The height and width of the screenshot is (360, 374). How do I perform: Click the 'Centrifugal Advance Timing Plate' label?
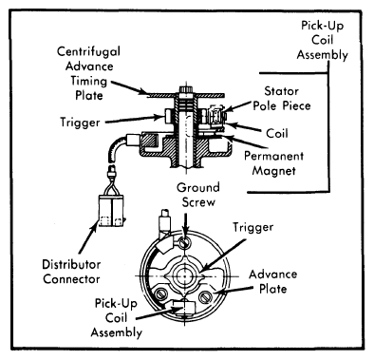(x=88, y=73)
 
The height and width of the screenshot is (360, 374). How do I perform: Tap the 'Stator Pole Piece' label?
(x=282, y=98)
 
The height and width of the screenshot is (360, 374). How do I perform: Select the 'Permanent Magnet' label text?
(x=274, y=163)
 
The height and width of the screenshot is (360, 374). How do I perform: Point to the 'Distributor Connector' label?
(x=71, y=272)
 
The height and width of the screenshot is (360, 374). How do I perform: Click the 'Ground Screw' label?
(x=198, y=195)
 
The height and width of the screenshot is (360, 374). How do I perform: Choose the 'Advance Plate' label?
(x=273, y=281)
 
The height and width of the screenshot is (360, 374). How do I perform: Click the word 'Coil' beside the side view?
(x=277, y=133)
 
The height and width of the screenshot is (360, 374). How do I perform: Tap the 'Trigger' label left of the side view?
(x=80, y=123)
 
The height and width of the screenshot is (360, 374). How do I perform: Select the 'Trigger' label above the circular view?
(x=253, y=227)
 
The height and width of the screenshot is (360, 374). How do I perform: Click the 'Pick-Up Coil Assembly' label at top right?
(x=322, y=40)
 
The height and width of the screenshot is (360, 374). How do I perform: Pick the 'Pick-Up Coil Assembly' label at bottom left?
(x=117, y=318)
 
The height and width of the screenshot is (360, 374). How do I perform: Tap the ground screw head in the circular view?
(x=184, y=243)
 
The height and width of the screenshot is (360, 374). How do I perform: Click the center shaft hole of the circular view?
(x=185, y=276)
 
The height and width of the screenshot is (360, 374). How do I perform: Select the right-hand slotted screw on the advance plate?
(x=205, y=296)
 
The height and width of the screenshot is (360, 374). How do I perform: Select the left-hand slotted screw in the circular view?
(x=161, y=294)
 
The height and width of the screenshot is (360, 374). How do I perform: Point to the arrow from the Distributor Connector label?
(x=87, y=238)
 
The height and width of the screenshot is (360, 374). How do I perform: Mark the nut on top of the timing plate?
(x=186, y=89)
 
